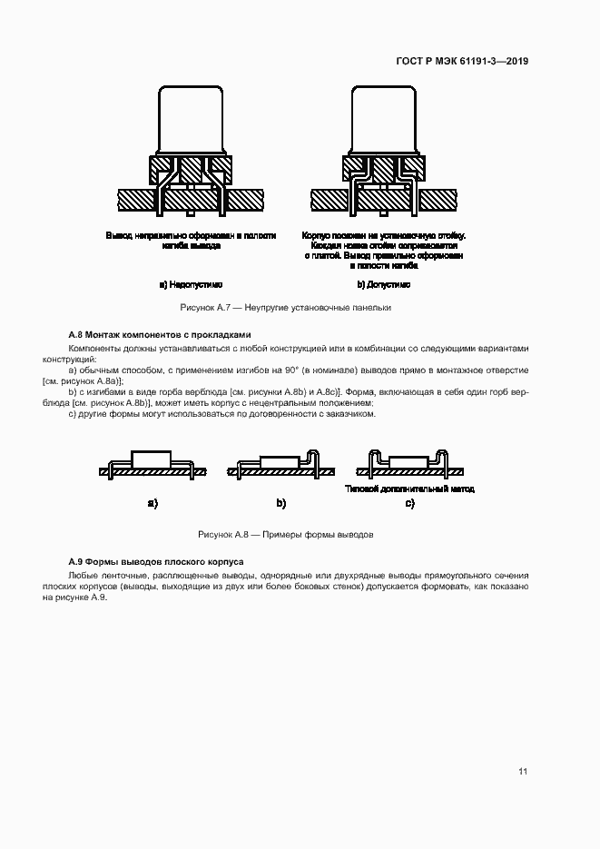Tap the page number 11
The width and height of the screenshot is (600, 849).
(x=523, y=772)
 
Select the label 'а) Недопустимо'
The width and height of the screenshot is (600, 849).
(x=191, y=284)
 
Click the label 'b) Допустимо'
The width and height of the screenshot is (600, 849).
(x=383, y=284)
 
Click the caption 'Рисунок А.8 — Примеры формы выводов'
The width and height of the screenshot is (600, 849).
(x=286, y=534)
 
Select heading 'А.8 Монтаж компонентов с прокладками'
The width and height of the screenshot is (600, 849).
(x=159, y=334)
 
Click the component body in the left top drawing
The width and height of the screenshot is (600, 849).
(x=192, y=119)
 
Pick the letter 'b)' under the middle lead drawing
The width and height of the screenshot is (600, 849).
(x=280, y=502)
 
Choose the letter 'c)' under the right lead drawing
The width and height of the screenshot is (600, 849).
(x=410, y=502)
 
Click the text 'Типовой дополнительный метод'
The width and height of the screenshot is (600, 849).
(x=410, y=489)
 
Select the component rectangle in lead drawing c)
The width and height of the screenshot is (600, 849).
(x=408, y=461)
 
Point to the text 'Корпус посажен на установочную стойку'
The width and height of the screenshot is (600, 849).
(x=383, y=234)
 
